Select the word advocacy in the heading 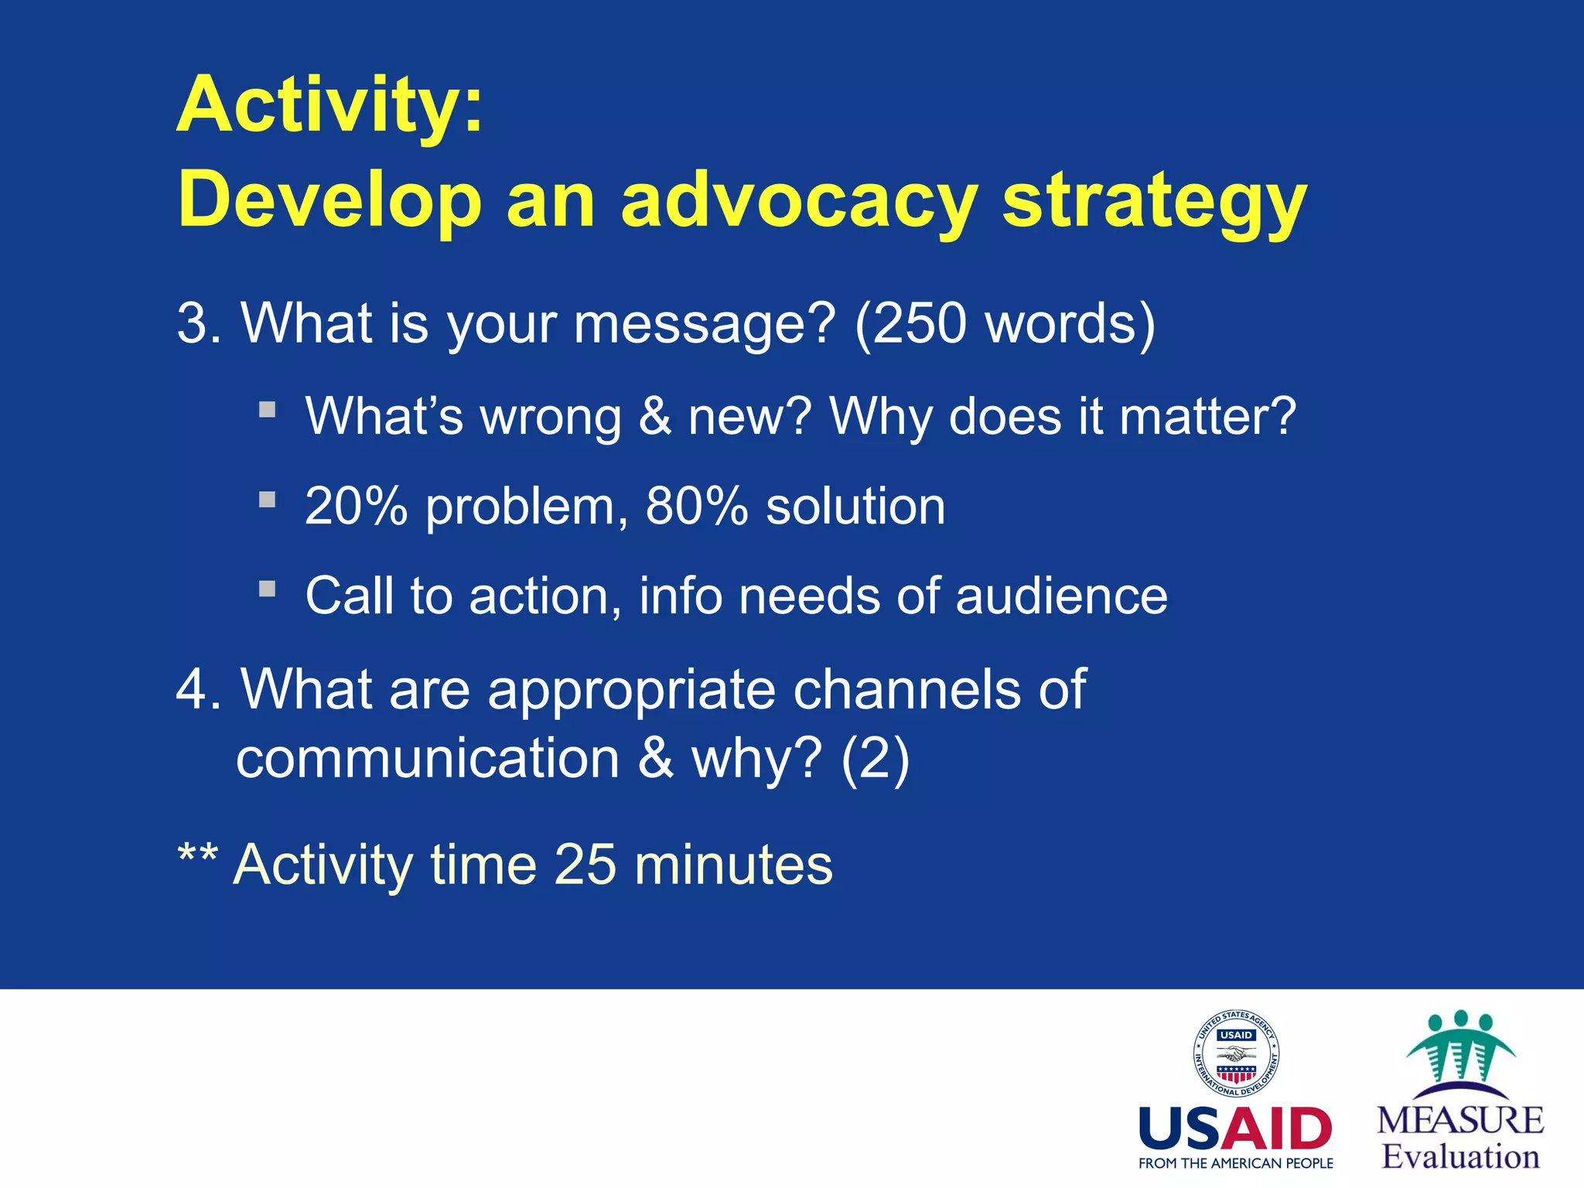[800, 203]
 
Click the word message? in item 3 [705, 324]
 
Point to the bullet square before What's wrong [268, 409]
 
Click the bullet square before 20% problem [268, 500]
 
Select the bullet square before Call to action [268, 589]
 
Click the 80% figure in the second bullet [696, 507]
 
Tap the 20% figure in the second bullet [356, 507]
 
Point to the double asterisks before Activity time [198, 856]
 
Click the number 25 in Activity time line [585, 865]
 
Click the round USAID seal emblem [1235, 1054]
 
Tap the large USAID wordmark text [1235, 1128]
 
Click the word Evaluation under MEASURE [1460, 1157]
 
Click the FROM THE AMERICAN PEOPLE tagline [1235, 1163]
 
